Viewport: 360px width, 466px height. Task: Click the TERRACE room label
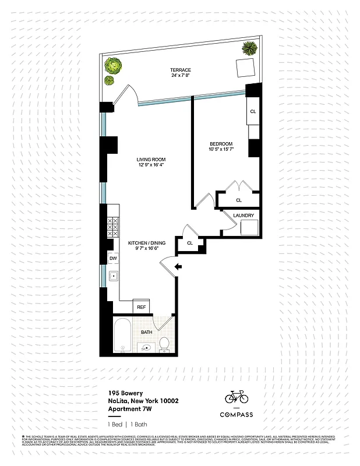click(x=181, y=70)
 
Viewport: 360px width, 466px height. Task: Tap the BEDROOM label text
click(x=221, y=144)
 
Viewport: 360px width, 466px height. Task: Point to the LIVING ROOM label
click(x=151, y=160)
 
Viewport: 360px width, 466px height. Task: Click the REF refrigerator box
click(x=141, y=306)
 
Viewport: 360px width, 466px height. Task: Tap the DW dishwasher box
click(x=113, y=258)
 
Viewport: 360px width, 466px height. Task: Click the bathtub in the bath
click(x=122, y=336)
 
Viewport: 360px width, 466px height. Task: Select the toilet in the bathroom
click(x=164, y=344)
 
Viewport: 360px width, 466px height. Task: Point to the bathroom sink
click(x=145, y=347)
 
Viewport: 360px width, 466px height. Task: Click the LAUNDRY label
click(x=243, y=216)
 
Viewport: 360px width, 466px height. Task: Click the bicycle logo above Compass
click(x=237, y=397)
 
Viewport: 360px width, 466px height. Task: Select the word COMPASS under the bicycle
click(x=237, y=415)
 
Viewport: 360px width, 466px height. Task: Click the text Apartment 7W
click(x=126, y=408)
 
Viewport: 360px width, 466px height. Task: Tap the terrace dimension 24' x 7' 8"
click(x=181, y=76)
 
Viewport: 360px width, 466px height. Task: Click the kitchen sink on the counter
click(x=114, y=277)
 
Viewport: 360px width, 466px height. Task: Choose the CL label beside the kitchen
click(x=190, y=242)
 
